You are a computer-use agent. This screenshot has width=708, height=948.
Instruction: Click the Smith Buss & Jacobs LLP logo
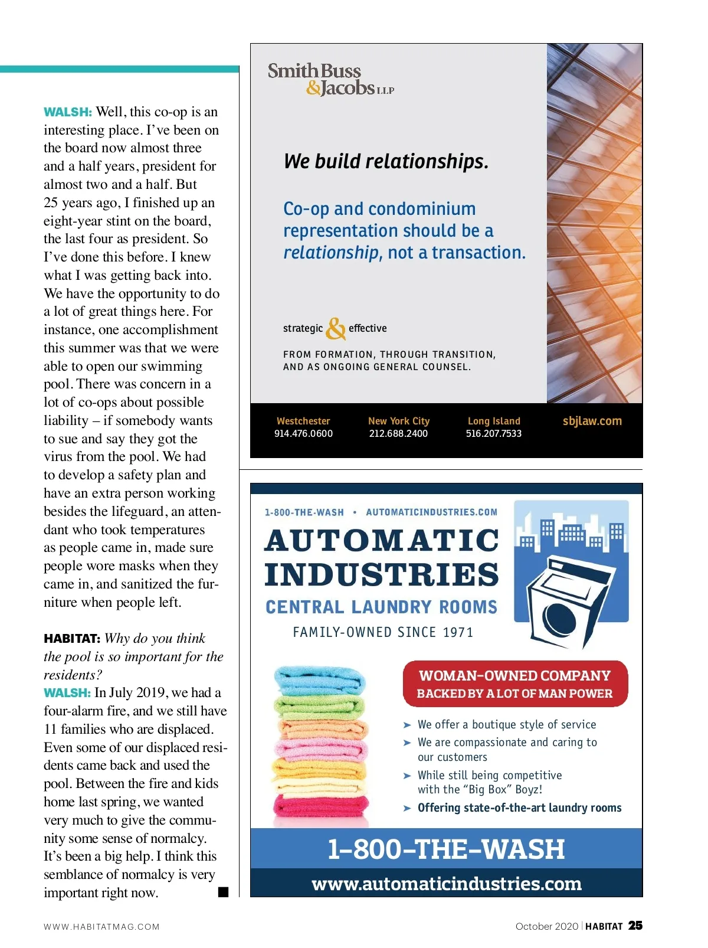(330, 80)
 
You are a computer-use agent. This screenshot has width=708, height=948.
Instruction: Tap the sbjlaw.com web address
(592, 421)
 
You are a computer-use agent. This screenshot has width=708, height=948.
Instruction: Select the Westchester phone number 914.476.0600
(303, 433)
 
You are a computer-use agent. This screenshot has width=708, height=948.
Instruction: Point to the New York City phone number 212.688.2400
(398, 433)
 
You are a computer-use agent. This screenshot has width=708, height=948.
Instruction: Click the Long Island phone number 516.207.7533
(494, 433)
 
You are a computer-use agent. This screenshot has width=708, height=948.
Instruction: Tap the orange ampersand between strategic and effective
(336, 329)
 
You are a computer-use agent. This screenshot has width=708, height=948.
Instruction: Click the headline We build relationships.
(386, 161)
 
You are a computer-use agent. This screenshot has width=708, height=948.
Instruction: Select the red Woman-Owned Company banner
(514, 684)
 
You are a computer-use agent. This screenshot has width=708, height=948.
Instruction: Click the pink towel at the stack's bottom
(320, 806)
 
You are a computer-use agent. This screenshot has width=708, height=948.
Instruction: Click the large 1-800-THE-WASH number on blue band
(446, 849)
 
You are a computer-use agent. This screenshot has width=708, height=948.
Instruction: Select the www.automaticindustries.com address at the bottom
(446, 884)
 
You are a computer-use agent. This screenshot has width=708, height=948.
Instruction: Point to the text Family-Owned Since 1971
(383, 632)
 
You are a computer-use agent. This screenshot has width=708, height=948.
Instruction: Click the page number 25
(635, 926)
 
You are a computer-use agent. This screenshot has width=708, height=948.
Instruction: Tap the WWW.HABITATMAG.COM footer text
(101, 927)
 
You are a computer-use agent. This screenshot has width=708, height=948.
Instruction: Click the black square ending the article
(223, 892)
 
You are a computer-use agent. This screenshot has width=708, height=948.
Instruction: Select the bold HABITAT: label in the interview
(72, 639)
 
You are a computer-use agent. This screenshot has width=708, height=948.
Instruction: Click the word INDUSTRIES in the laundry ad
(382, 575)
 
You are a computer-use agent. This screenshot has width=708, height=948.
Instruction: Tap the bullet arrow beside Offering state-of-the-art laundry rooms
(407, 808)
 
